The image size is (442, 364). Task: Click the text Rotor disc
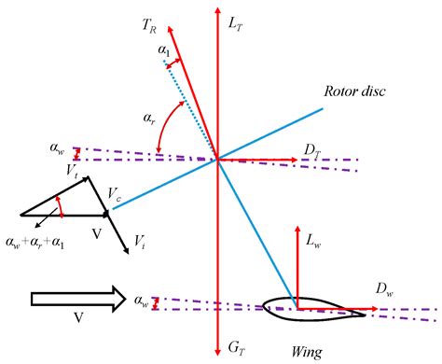click(x=349, y=91)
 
